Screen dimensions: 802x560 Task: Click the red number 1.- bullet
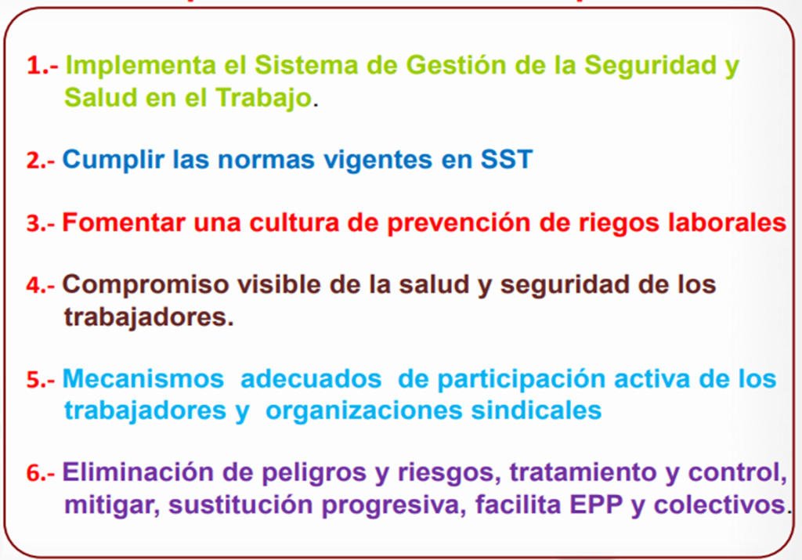[42, 66]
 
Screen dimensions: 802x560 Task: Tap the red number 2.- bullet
[41, 161]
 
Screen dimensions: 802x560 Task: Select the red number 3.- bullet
[41, 223]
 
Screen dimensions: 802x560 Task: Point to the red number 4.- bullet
[41, 285]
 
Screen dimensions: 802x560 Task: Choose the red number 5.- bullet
[41, 380]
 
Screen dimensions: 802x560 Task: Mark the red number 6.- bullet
[41, 473]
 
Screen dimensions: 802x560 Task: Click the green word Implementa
[141, 67]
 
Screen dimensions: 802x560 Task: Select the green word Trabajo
[263, 98]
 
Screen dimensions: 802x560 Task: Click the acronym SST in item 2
[507, 160]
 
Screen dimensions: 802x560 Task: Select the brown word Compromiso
[145, 286]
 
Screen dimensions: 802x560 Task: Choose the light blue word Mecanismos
[143, 380]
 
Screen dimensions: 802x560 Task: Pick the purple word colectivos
[720, 505]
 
